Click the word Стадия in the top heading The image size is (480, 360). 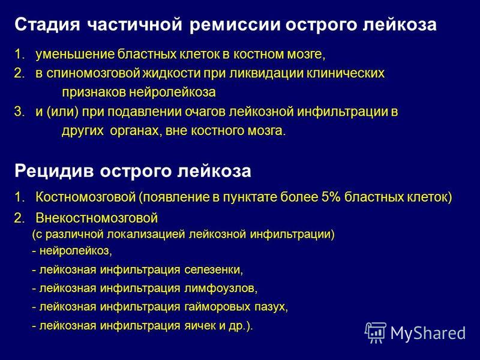[47, 25]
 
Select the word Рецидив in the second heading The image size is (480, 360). [54, 171]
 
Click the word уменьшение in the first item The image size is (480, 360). [76, 55]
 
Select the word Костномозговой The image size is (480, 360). [86, 197]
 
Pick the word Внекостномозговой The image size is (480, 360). [97, 218]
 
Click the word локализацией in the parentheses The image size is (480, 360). [146, 235]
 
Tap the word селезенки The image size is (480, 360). [214, 270]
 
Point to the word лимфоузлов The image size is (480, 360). [221, 289]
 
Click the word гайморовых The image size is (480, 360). [217, 307]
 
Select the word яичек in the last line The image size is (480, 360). [200, 326]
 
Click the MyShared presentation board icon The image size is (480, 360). [376, 332]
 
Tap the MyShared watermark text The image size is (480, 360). [428, 333]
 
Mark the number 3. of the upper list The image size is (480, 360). [19, 112]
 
